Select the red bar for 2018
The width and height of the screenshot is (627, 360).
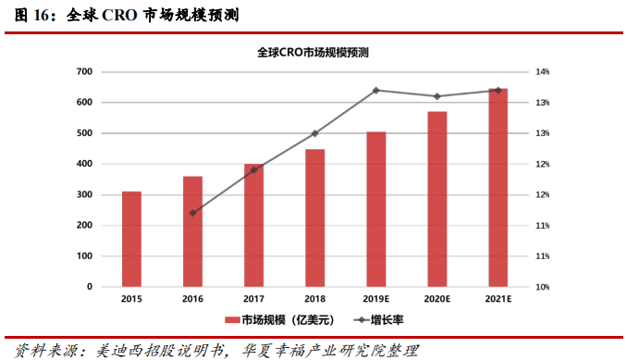(314, 217)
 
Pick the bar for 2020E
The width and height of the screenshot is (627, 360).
(436, 199)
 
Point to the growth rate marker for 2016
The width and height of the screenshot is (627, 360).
(192, 213)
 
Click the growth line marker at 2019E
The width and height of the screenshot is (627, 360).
(375, 91)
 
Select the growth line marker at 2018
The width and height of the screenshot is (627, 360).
(314, 133)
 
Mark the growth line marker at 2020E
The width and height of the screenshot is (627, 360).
(436, 96)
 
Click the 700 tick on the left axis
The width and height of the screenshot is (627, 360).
(83, 72)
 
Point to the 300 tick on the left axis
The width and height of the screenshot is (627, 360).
(83, 195)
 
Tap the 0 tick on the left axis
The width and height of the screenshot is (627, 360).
(89, 287)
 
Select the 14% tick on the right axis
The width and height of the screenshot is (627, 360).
(543, 72)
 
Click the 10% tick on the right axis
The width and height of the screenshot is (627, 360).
(543, 287)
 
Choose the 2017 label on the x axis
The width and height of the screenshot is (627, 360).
(253, 300)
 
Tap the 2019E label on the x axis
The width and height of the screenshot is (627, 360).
(375, 300)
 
